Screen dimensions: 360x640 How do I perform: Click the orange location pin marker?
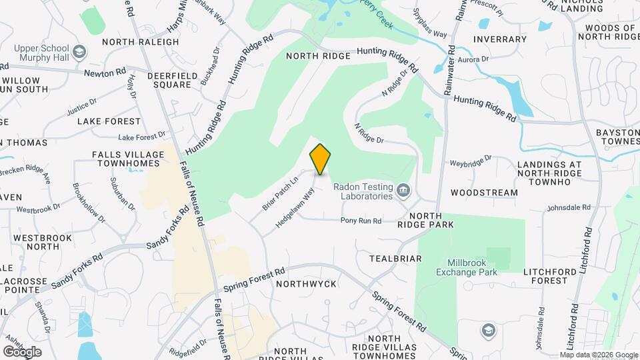click(320, 159)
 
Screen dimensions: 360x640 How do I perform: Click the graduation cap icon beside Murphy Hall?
click(79, 52)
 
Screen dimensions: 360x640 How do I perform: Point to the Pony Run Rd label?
click(361, 221)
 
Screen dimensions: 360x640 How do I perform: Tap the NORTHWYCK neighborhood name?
click(307, 284)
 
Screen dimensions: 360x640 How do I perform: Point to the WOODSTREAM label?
click(484, 193)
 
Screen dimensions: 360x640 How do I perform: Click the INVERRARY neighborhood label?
click(499, 39)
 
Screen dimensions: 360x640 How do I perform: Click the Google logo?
click(22, 351)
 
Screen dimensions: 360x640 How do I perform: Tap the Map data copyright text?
click(599, 355)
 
